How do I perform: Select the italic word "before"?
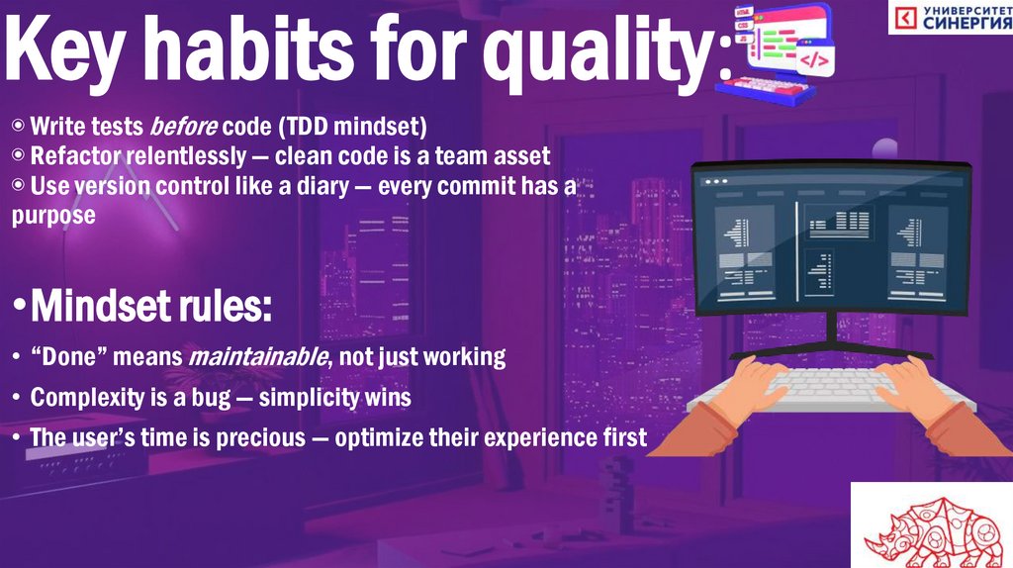click(x=183, y=127)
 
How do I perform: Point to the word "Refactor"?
click(x=71, y=156)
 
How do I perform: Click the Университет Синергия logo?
click(x=950, y=18)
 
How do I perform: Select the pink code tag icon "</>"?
click(x=813, y=59)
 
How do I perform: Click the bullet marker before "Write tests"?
click(x=19, y=127)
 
